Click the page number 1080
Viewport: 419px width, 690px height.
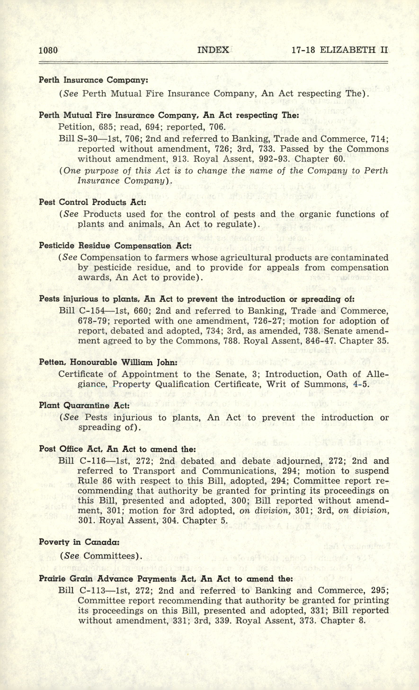coord(48,50)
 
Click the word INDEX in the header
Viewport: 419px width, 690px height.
coord(213,50)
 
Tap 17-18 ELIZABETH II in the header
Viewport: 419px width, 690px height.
coord(339,50)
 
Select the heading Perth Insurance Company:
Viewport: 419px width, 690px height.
coord(93,80)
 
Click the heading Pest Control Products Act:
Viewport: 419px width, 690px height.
coord(92,202)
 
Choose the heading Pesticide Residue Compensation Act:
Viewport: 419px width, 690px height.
coord(115,246)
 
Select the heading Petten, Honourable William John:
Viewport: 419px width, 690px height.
coord(108,362)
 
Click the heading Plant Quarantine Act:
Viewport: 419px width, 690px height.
coord(84,405)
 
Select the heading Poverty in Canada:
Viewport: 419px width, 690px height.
coord(79,542)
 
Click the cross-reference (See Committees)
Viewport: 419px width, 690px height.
coord(101,556)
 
